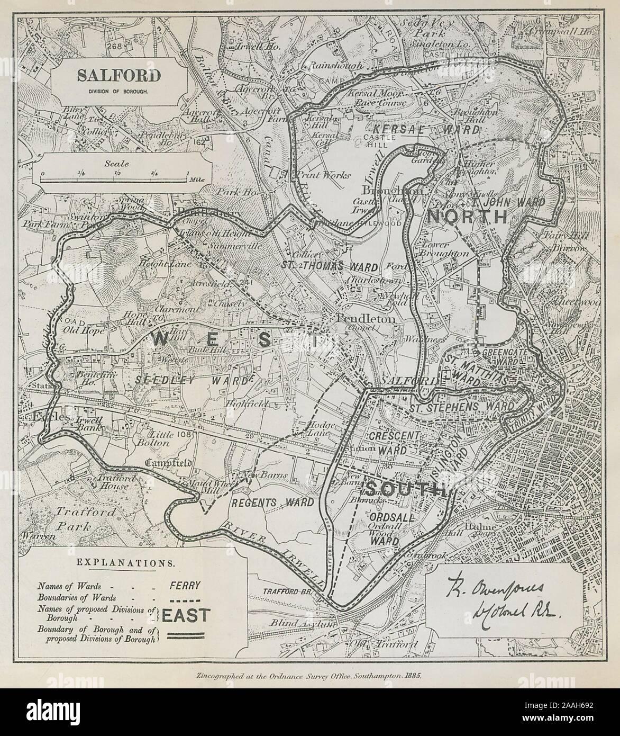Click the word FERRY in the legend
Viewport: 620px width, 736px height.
tap(185, 586)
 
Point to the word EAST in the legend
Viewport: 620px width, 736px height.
tap(186, 615)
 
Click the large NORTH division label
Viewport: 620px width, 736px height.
tap(467, 216)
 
